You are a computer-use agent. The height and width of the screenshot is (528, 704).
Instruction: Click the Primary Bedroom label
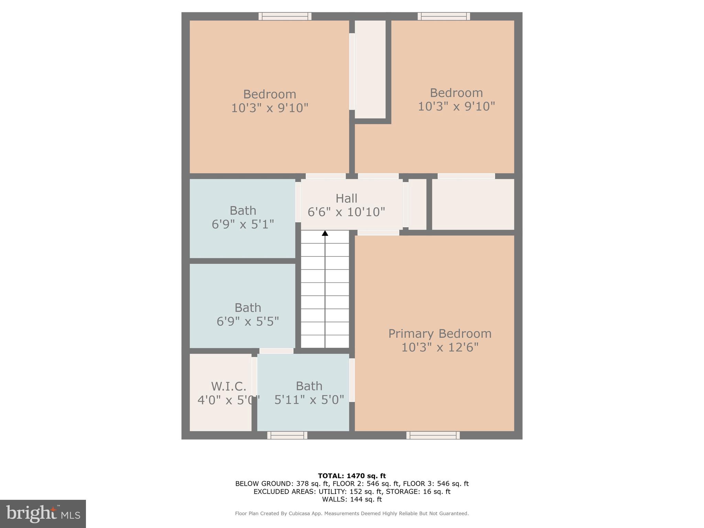coord(440,333)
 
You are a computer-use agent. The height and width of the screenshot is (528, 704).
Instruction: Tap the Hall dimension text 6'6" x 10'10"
coord(346,212)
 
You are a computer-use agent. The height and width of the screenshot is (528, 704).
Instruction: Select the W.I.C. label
coord(229,386)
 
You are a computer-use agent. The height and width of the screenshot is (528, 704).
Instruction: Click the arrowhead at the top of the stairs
coord(325,233)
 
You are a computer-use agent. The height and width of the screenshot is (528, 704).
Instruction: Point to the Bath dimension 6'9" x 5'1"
coord(243,224)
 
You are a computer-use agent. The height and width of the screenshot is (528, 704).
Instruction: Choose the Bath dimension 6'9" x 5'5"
coord(247,321)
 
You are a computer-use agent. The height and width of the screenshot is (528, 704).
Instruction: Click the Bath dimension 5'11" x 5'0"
coord(309,399)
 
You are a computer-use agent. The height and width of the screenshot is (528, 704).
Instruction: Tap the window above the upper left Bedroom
coord(285,16)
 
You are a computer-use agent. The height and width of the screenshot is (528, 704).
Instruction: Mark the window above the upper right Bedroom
coord(444,16)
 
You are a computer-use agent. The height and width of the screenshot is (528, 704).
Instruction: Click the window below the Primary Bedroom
coord(433,435)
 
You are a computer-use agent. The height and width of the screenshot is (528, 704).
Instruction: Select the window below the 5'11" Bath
coord(287,435)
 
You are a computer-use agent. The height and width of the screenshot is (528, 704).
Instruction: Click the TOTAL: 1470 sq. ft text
coord(352,476)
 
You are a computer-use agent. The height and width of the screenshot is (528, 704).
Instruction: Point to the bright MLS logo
coord(43,514)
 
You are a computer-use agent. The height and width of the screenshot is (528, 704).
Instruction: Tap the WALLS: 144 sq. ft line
coord(352,499)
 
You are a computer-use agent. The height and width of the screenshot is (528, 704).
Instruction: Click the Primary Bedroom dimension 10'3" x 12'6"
coord(440,347)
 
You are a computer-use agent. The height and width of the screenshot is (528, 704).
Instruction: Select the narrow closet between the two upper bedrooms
coord(370,69)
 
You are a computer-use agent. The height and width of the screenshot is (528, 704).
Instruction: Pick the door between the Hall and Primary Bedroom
coord(378,233)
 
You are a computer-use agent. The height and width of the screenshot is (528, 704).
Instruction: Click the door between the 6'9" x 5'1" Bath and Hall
coord(298,202)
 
